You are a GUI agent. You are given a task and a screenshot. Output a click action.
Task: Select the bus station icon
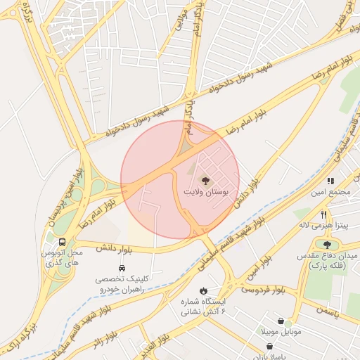point(63,243)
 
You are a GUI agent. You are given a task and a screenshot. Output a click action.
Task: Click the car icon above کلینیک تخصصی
point(122,269)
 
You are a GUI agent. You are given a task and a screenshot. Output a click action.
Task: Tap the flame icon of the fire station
point(204,290)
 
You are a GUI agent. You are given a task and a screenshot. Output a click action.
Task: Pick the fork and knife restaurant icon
point(323,214)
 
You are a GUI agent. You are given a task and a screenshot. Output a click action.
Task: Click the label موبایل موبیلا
point(281,331)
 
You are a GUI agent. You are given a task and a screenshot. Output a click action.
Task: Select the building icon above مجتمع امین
point(330,181)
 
